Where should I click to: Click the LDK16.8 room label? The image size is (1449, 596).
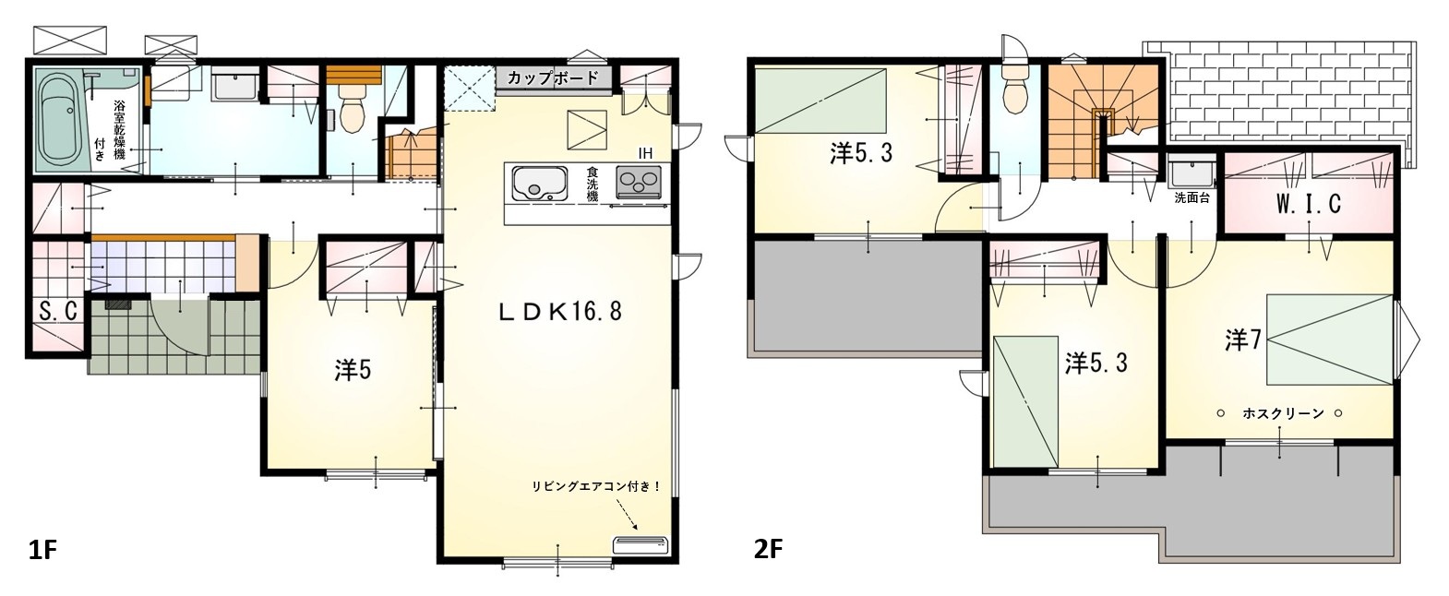tap(559, 312)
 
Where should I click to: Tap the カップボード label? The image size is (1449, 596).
tap(553, 78)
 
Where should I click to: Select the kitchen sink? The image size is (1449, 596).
tap(539, 184)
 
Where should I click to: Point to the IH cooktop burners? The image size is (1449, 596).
tap(639, 182)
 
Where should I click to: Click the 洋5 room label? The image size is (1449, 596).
tap(353, 370)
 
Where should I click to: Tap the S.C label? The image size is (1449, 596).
tap(58, 311)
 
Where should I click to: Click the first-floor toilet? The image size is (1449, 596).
tap(353, 114)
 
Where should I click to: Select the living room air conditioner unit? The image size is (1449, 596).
tap(641, 544)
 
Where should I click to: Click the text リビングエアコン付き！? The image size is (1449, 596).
tap(596, 486)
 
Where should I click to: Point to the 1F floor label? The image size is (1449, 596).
tap(42, 551)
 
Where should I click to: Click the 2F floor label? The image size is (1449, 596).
tap(769, 550)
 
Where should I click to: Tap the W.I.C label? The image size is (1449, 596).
tap(1309, 204)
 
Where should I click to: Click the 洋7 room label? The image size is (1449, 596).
tap(1242, 340)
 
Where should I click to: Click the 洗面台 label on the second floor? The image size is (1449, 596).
tap(1192, 198)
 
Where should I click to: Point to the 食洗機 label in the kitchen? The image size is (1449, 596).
tap(592, 185)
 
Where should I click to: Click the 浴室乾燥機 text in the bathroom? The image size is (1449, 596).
tap(119, 130)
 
